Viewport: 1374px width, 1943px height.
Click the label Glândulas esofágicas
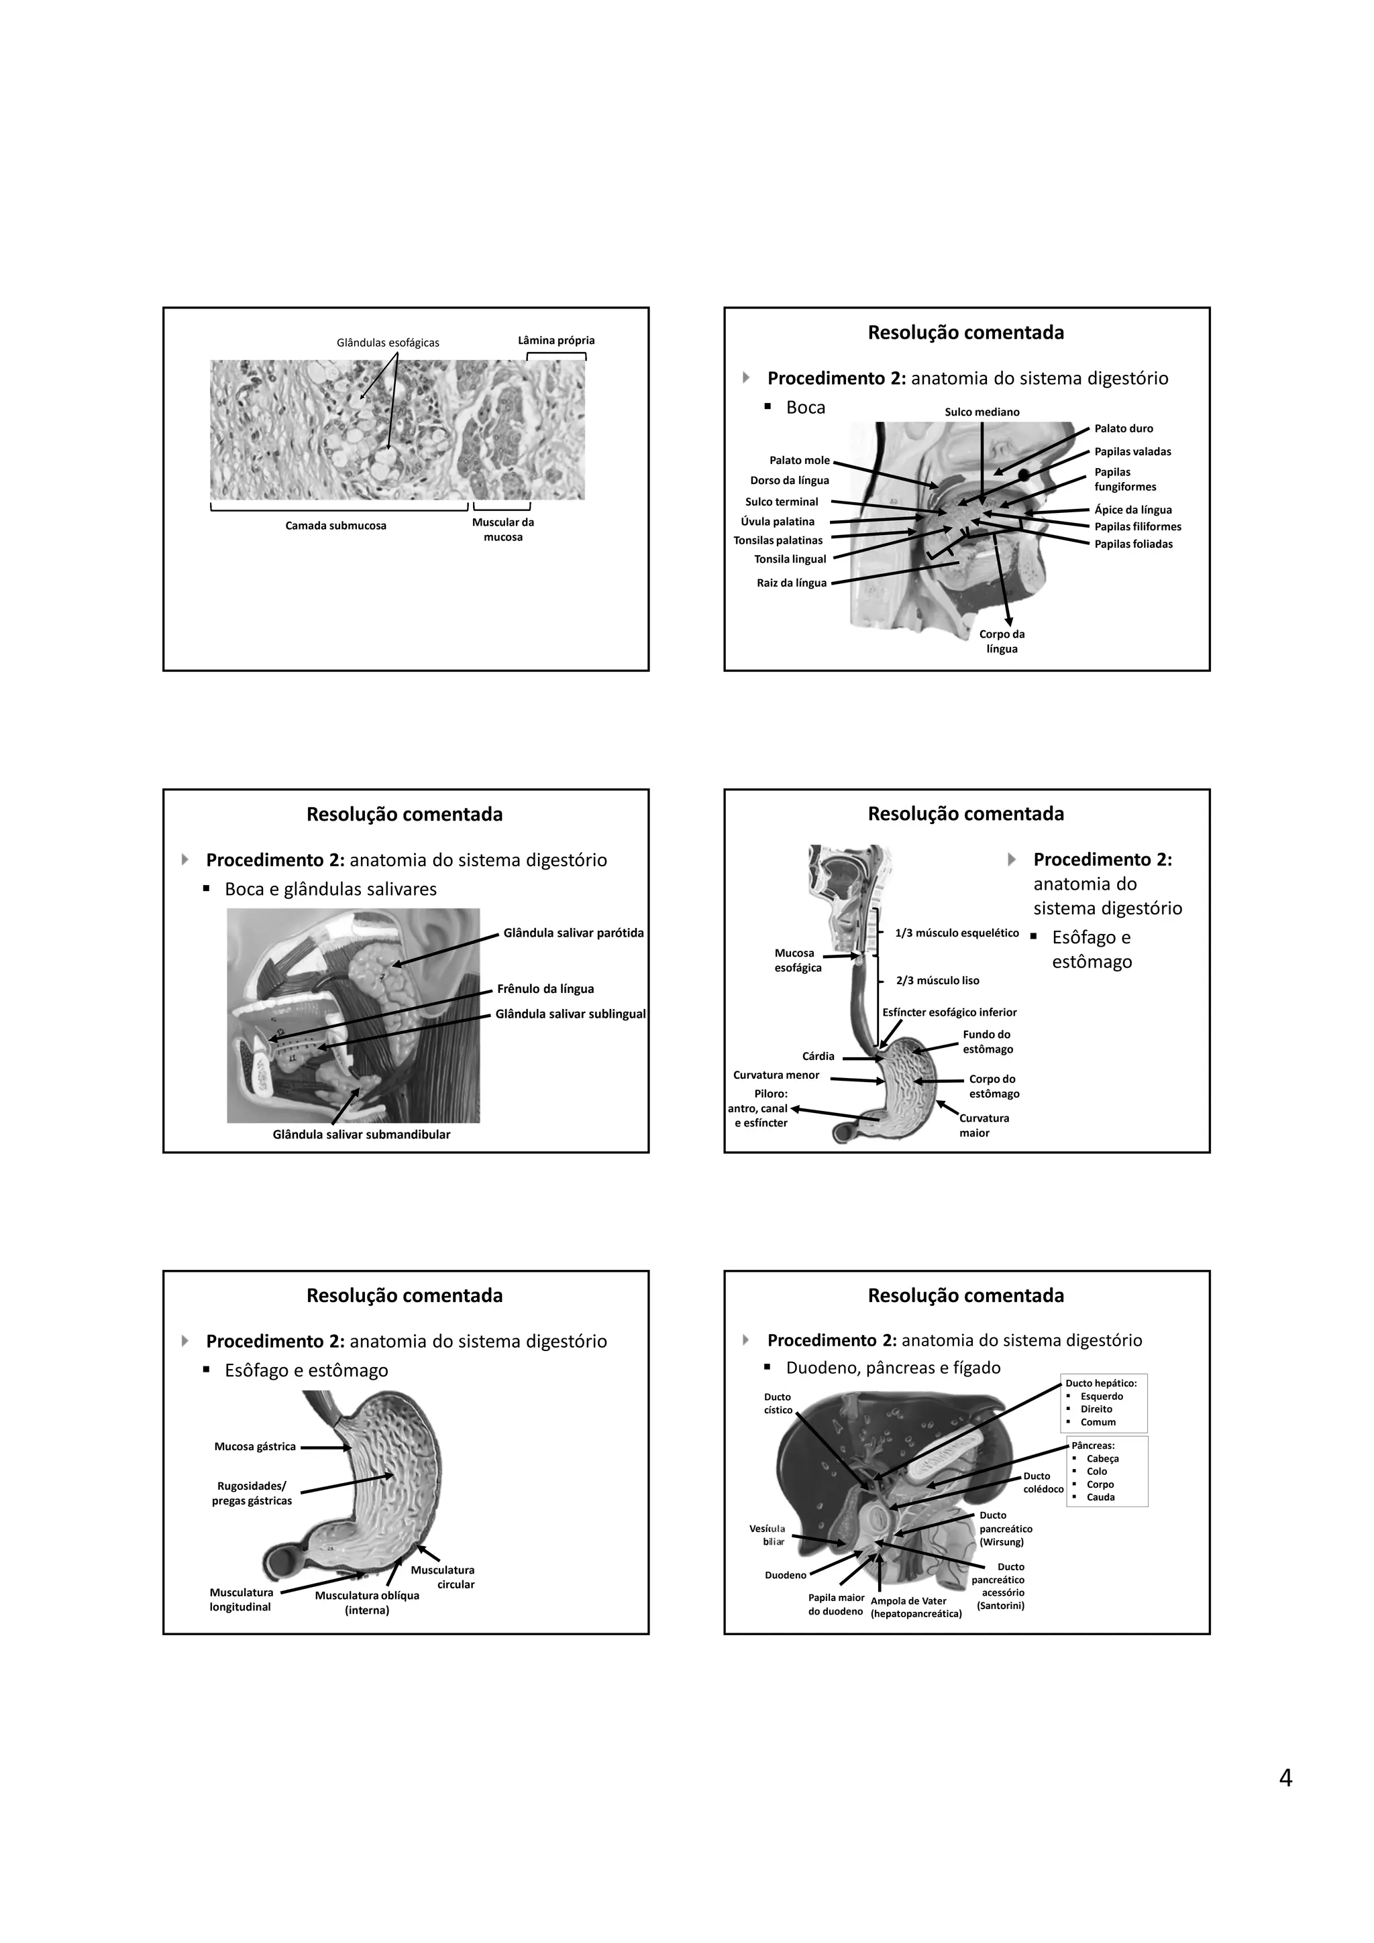pos(388,343)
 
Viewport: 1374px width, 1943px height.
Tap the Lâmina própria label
pos(556,340)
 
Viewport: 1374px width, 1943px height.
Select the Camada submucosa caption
pos(335,526)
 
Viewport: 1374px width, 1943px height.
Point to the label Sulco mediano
pos(982,412)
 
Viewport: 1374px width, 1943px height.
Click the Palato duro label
pos(1123,428)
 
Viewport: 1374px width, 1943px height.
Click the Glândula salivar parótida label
pos(573,933)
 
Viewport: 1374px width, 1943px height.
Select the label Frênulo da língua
pos(545,988)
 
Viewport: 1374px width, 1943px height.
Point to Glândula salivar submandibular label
pos(362,1134)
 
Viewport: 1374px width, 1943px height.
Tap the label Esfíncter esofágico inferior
pos(949,1012)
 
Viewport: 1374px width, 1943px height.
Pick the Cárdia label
pos(818,1056)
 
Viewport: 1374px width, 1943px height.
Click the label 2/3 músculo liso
pos(937,980)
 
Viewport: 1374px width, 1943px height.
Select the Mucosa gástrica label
pos(255,1446)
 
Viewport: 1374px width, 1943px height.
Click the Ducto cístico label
pos(778,1403)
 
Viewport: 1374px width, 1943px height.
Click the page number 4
pos(1285,1778)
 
